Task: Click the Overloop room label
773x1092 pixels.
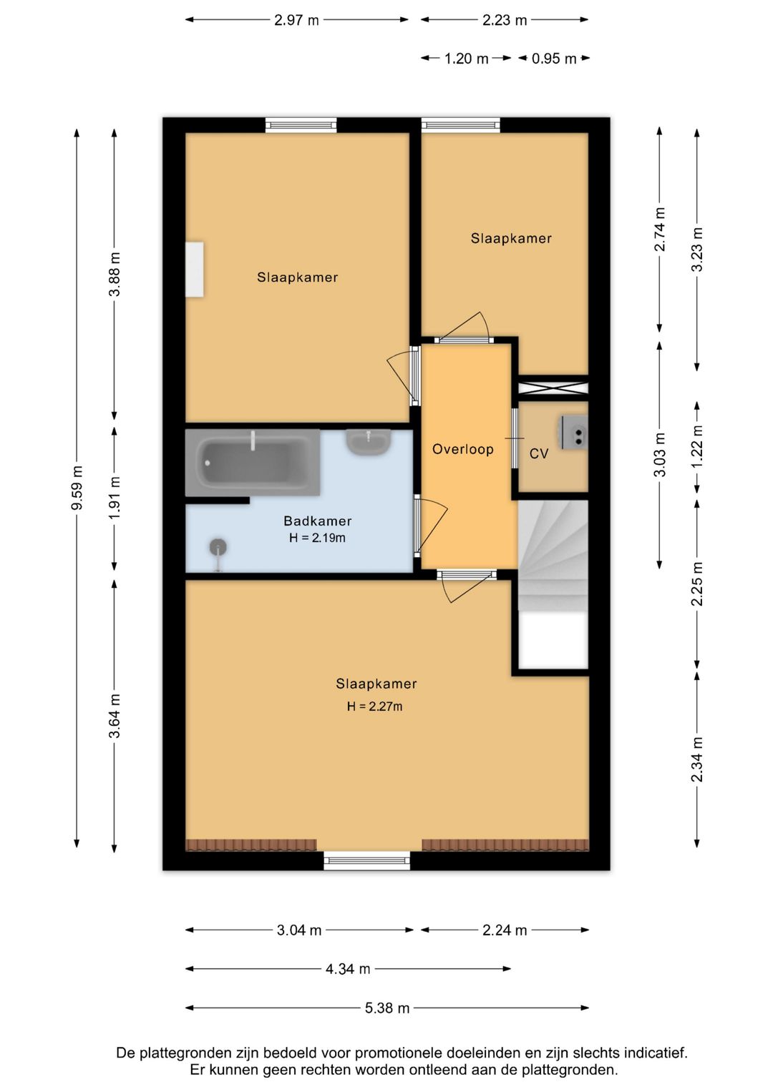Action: (x=462, y=449)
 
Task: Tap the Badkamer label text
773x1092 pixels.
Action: (x=318, y=521)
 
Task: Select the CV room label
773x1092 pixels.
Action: (x=539, y=454)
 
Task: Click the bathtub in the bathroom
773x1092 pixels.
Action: (x=252, y=462)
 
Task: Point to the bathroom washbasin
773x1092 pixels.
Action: (x=369, y=441)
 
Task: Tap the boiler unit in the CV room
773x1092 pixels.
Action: (x=574, y=433)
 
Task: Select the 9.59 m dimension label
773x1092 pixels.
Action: (x=77, y=488)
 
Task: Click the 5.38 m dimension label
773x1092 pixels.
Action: (x=387, y=1008)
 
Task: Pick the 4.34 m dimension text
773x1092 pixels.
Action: (x=348, y=969)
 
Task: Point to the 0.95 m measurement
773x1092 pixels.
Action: (x=554, y=59)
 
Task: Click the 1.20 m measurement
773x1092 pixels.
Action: (x=466, y=59)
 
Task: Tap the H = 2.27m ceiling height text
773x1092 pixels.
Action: (x=375, y=707)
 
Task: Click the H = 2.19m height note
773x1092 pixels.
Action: (x=317, y=538)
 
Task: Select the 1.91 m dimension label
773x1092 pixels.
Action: (x=115, y=498)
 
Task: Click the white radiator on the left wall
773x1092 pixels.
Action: (x=194, y=269)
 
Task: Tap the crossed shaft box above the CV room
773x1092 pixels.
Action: (x=553, y=388)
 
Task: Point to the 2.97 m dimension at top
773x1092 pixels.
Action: (x=297, y=20)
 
